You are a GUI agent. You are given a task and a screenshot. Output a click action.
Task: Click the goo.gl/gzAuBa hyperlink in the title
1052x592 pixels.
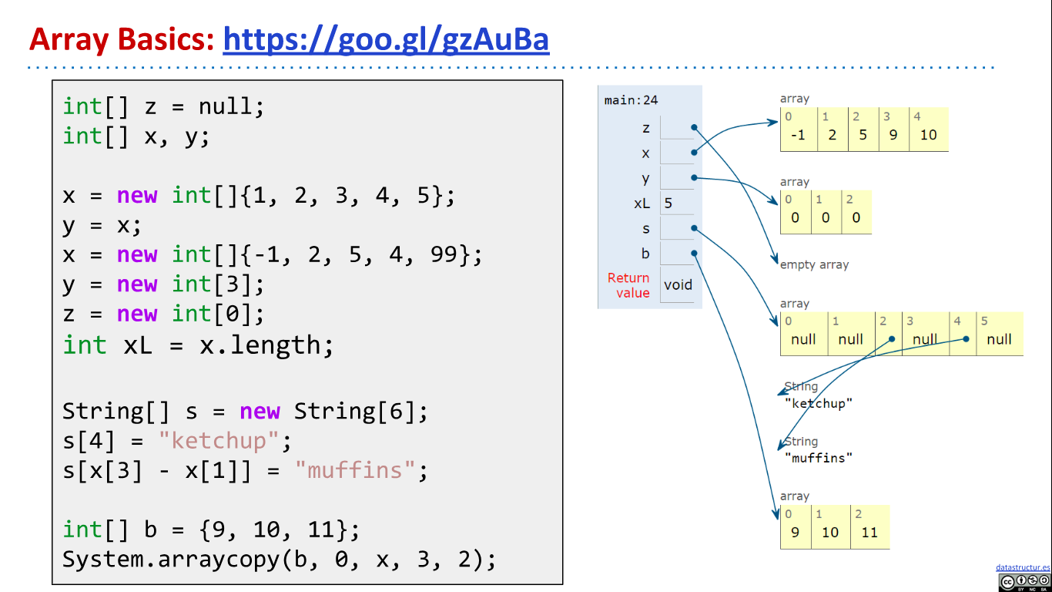[x=386, y=39]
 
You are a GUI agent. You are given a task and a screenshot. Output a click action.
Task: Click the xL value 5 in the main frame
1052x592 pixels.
[x=668, y=203]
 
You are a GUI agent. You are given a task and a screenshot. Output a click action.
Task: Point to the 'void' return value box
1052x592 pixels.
[x=678, y=285]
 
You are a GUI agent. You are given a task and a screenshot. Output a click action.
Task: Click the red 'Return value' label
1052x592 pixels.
[x=628, y=285]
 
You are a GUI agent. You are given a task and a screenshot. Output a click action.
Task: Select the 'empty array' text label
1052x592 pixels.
[x=814, y=264]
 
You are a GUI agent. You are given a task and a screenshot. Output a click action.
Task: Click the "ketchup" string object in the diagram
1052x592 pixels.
[x=819, y=403]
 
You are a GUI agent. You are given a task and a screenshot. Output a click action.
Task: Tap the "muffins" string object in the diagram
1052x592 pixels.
[x=819, y=457]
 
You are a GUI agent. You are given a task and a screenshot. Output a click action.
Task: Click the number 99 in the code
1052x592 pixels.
[x=444, y=255]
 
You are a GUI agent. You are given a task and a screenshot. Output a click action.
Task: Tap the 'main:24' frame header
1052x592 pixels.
[x=632, y=100]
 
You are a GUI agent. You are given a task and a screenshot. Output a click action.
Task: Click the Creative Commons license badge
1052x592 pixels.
[x=1024, y=581]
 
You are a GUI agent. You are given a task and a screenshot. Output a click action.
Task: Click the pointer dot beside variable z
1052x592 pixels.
[x=694, y=127]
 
